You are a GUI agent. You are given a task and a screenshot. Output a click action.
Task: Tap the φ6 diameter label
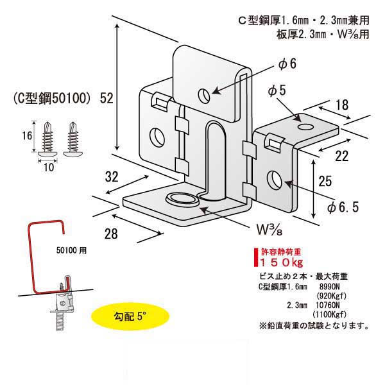(x=286, y=64)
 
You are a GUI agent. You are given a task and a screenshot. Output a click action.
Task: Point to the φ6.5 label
(x=341, y=208)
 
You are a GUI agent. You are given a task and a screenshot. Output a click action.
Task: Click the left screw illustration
(x=47, y=138)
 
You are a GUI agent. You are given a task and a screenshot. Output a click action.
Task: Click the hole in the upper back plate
(x=204, y=96)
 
